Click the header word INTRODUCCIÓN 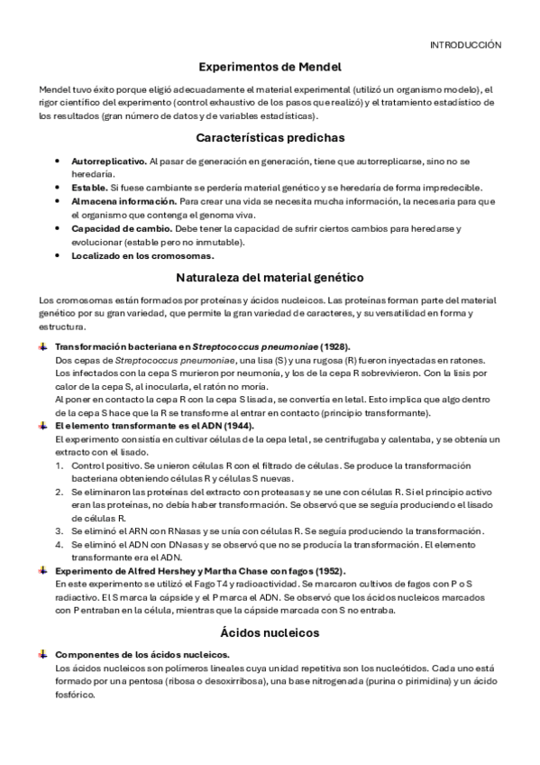[465, 44]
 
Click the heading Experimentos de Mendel [270, 67]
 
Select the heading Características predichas [270, 138]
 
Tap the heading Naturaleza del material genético [270, 277]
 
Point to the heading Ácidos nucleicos [270, 632]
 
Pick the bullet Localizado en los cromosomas [142, 255]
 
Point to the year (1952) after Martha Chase [328, 571]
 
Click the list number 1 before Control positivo [59, 465]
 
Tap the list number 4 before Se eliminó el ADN [59, 545]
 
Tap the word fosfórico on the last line [75, 696]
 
